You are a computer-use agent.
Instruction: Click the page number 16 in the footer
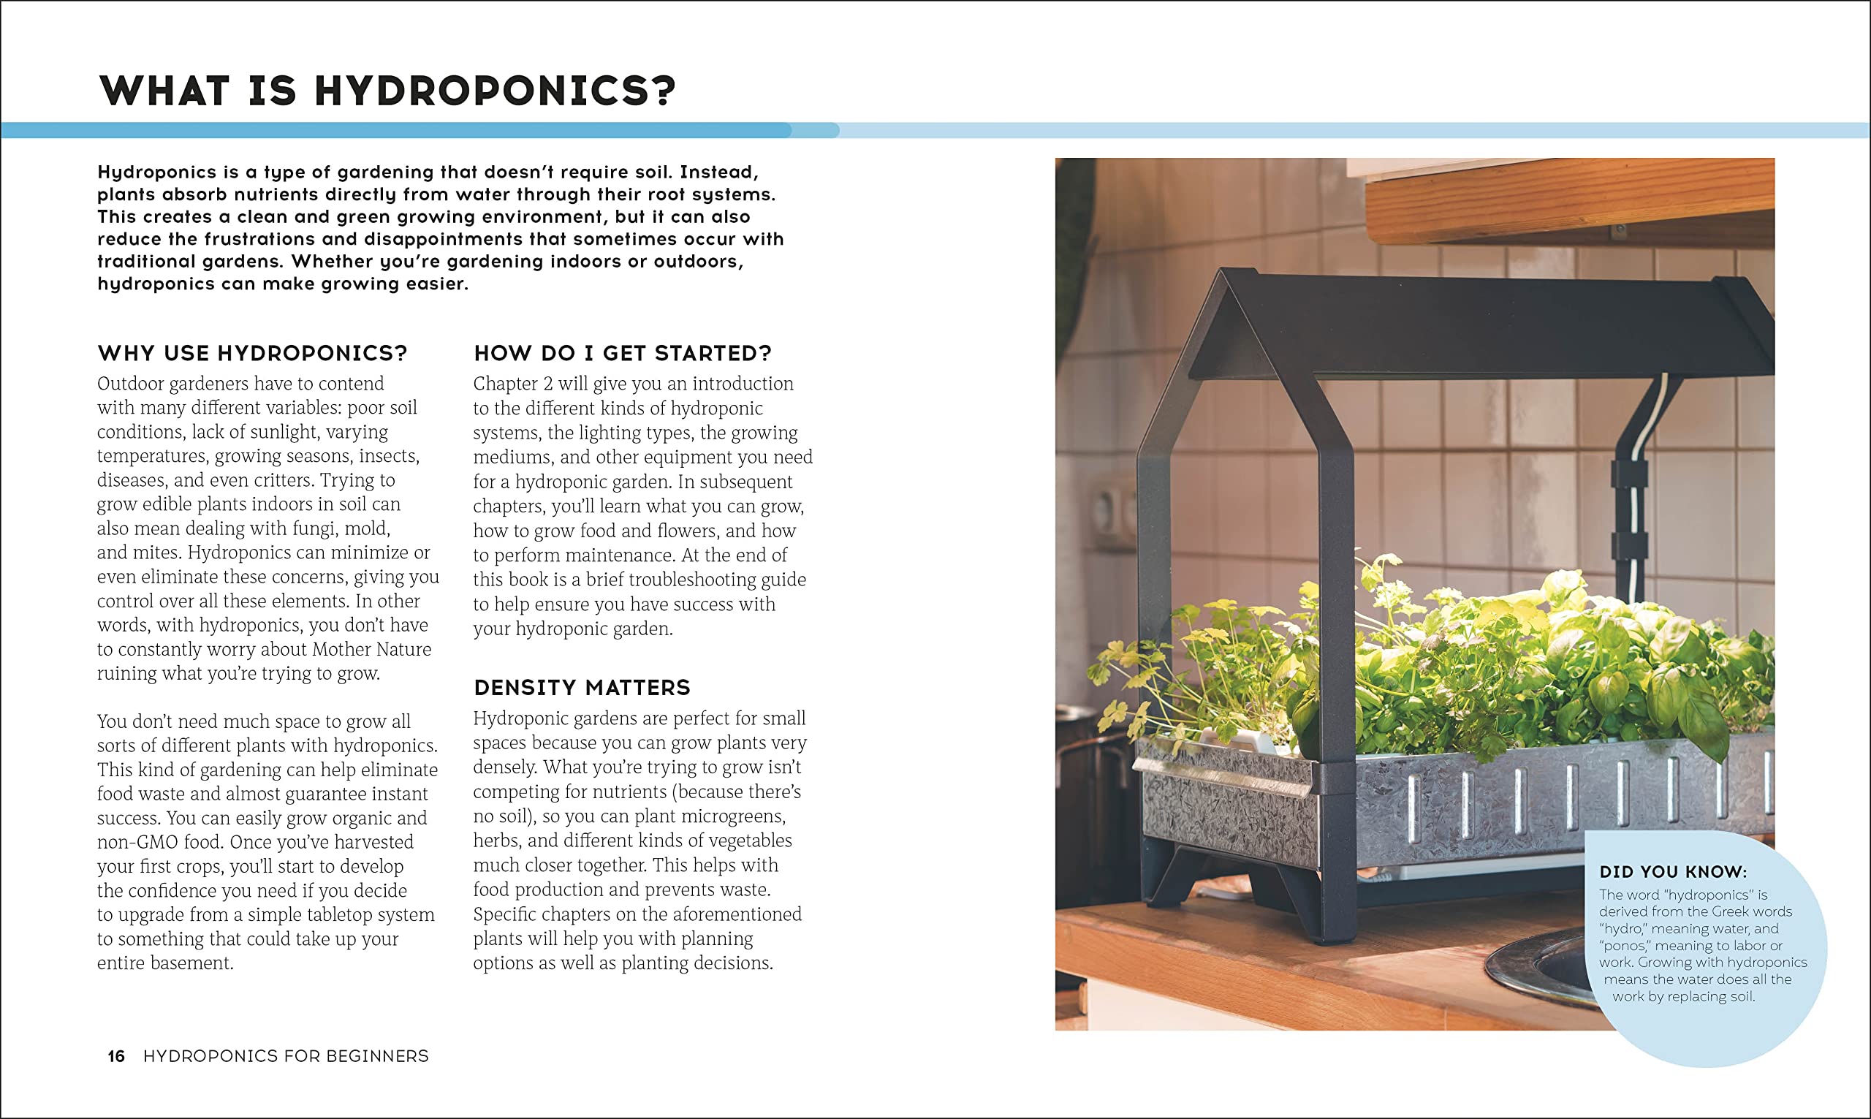[116, 1056]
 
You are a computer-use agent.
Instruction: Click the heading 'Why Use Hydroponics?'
[253, 353]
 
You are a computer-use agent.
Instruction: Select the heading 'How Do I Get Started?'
[623, 353]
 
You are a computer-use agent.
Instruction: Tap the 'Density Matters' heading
[582, 688]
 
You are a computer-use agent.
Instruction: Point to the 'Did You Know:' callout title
[1673, 872]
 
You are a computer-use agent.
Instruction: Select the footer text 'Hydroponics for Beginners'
[286, 1056]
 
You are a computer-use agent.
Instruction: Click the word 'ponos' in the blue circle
[1625, 946]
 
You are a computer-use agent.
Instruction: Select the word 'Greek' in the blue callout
[1733, 911]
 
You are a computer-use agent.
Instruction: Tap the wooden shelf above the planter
[1568, 200]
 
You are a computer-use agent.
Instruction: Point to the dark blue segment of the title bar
[395, 130]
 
